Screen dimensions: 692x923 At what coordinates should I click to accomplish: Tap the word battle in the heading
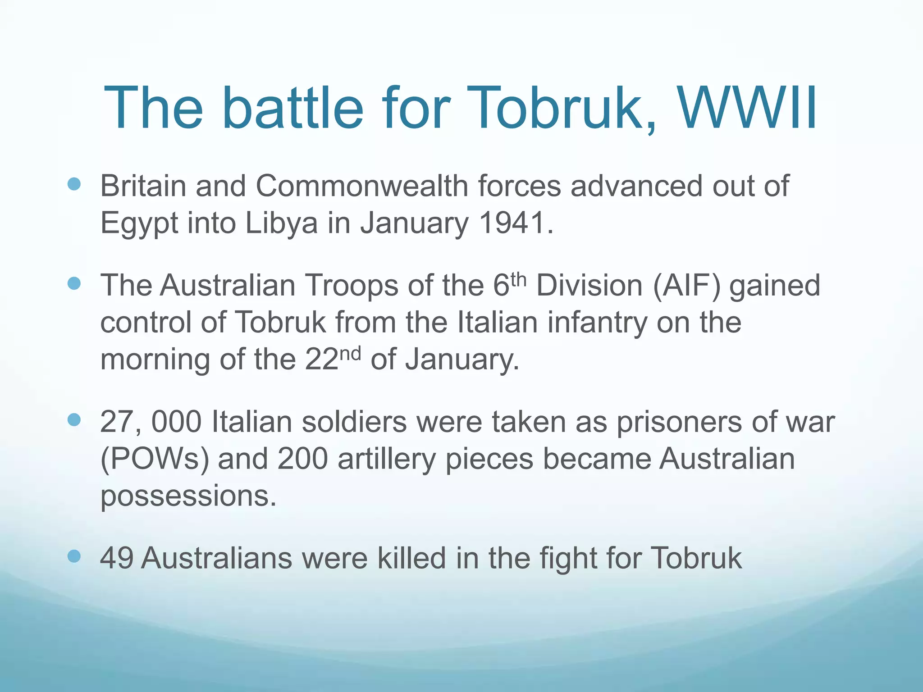click(x=292, y=108)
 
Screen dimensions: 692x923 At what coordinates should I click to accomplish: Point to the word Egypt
click(x=139, y=223)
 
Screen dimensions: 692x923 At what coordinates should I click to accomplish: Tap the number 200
click(x=302, y=459)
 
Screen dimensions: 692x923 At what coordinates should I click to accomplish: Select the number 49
click(x=116, y=558)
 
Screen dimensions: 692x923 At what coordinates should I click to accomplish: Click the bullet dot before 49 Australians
click(x=74, y=556)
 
